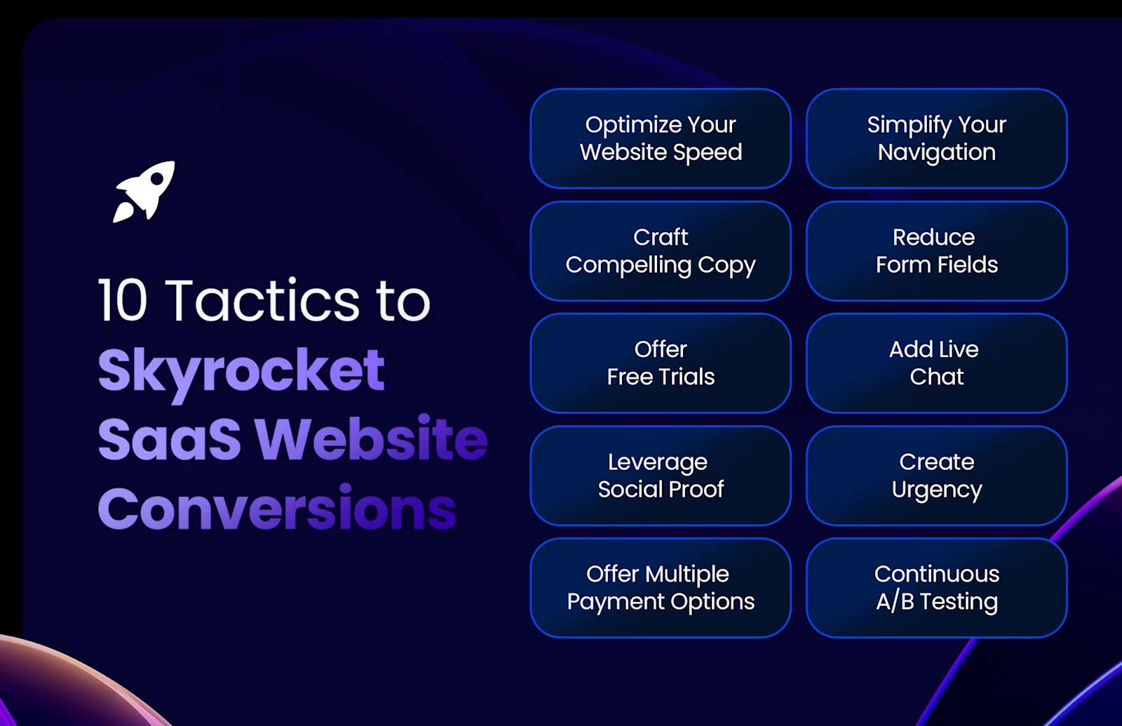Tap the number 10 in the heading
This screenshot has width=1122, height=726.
coord(122,301)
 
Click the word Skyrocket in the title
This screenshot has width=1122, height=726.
coord(241,370)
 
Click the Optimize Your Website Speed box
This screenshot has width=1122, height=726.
coord(661,138)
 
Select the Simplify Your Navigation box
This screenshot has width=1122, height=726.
coord(936,138)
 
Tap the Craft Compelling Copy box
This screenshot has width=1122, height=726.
coord(661,251)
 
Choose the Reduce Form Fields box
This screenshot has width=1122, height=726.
coord(936,251)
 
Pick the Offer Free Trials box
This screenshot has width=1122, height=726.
coord(661,363)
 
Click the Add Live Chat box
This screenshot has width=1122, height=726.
coord(936,363)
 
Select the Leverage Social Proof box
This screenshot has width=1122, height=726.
coord(661,476)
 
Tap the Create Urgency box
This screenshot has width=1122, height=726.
coord(936,476)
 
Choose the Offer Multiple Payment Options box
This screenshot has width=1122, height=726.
coord(661,588)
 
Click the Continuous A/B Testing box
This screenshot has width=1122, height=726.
coord(936,588)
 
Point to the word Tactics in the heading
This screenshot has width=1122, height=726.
coord(263,301)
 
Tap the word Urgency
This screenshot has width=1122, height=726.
coord(937,490)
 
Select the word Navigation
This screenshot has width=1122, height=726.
coord(937,152)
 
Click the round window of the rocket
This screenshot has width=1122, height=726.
coord(157,180)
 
